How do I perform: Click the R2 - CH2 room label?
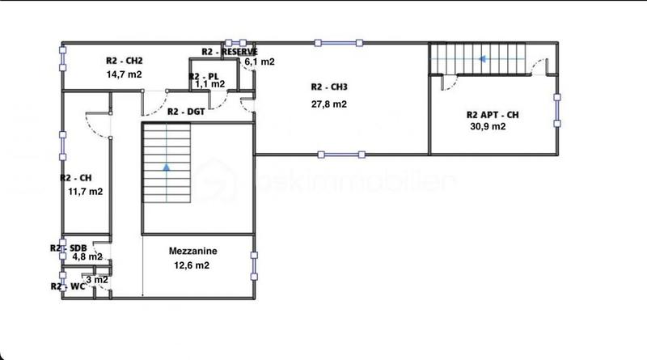coord(124,60)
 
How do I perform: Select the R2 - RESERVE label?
coord(230,52)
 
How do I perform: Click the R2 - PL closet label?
coord(203,75)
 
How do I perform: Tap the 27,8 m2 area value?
coord(331,104)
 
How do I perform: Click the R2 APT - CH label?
coord(493,115)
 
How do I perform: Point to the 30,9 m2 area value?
coord(488,127)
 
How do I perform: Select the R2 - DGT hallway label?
coord(185,112)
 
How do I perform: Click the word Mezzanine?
coord(192,252)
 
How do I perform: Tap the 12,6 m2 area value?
coord(192,265)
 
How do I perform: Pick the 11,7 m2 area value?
coord(86,192)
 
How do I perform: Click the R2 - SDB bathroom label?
coord(68,248)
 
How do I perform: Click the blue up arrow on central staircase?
coord(167,168)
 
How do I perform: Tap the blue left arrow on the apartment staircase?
coord(483,58)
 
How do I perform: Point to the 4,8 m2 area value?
coord(87,257)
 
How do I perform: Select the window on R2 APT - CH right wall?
coord(556,108)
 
